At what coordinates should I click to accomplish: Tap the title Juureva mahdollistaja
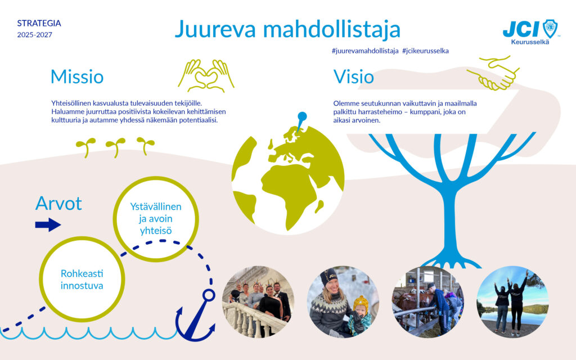tap(287, 29)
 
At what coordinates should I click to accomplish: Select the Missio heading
tap(77, 76)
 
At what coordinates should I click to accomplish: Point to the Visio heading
tap(354, 76)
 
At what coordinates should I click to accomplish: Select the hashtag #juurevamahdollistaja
tap(366, 51)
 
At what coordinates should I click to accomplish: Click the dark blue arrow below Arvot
tap(48, 225)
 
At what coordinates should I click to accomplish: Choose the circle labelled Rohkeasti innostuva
tap(83, 280)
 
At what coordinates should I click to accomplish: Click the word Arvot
tap(58, 203)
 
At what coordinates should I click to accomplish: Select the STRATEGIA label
tap(39, 24)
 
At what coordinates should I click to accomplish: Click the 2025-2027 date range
tap(35, 35)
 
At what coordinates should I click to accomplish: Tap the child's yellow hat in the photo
tap(361, 305)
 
